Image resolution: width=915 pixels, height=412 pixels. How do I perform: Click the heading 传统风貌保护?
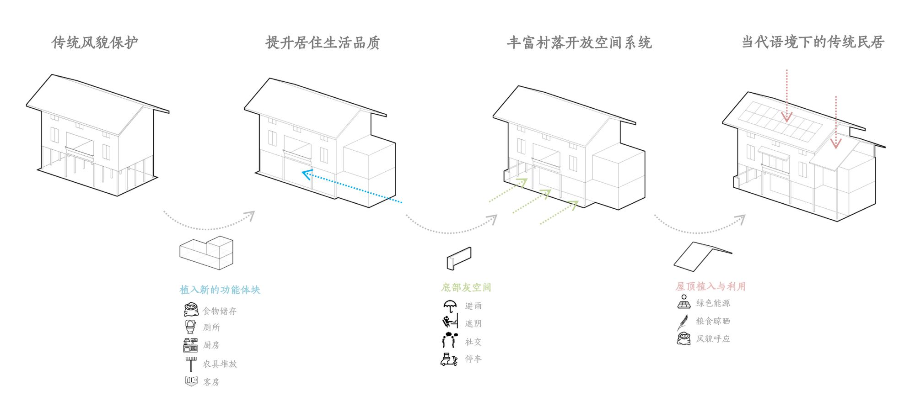[95, 42]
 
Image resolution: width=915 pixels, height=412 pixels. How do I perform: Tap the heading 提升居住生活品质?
[323, 42]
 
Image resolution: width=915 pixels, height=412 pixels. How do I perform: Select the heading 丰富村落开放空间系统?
[579, 42]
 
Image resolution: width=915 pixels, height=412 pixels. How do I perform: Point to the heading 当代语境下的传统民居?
[813, 42]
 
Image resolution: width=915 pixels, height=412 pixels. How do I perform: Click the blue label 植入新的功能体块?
[220, 290]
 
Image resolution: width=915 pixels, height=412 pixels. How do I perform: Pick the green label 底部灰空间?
[466, 287]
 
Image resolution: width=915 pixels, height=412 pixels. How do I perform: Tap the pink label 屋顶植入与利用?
[710, 286]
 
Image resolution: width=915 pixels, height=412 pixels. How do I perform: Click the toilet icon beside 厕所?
[190, 327]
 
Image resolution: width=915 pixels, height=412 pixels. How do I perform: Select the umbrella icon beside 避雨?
[450, 306]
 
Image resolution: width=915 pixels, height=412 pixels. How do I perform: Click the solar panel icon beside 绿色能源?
[684, 302]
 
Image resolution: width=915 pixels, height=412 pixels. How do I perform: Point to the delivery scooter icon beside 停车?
[449, 359]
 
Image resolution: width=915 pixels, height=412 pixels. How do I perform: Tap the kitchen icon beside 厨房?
[190, 345]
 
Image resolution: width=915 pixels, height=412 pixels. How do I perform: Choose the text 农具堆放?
[220, 364]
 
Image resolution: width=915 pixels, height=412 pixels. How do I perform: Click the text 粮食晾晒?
[713, 321]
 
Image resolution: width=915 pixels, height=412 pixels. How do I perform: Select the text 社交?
[473, 342]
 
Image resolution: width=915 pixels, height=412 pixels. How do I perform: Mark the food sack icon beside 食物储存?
[191, 310]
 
